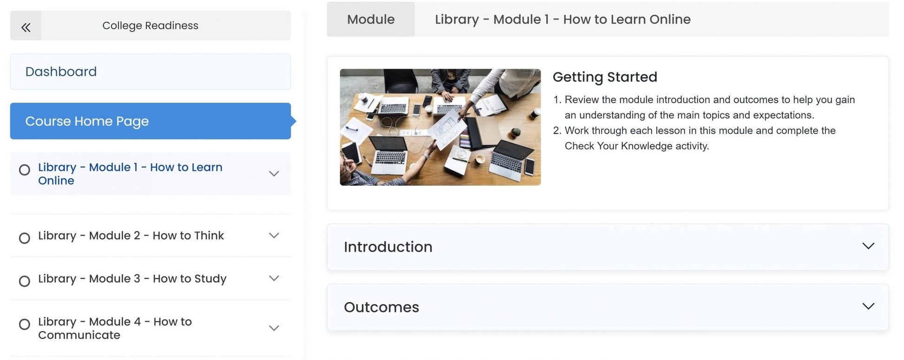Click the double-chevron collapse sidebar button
click(x=26, y=27)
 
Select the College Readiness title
click(x=150, y=26)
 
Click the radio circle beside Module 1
click(x=25, y=170)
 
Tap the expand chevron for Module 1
click(x=274, y=174)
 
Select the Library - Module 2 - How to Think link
click(x=131, y=236)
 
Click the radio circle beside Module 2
click(x=25, y=238)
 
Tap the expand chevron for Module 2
click(x=274, y=236)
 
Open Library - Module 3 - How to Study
click(x=132, y=279)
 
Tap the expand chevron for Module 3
click(x=274, y=278)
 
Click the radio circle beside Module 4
click(x=25, y=324)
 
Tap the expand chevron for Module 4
click(x=274, y=328)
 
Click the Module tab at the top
click(x=371, y=19)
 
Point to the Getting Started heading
click(x=605, y=77)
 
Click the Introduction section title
click(x=388, y=247)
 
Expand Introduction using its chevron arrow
click(x=868, y=246)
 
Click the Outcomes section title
click(x=381, y=307)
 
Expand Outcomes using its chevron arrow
click(x=868, y=306)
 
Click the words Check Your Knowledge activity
click(x=637, y=146)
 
